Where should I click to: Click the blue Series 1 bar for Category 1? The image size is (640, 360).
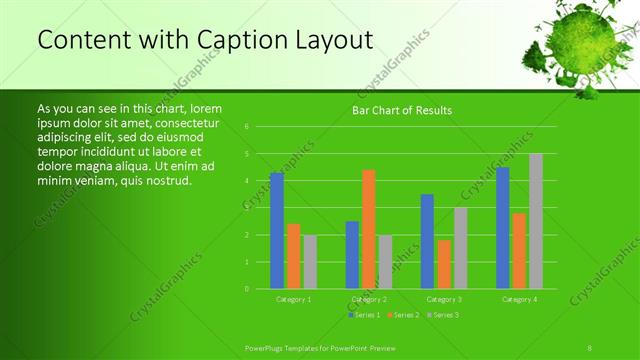coord(277,231)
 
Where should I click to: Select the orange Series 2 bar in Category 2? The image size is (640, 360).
coord(369,229)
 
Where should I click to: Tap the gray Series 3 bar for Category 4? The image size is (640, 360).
coord(535,221)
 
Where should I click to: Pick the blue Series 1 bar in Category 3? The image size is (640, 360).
coord(427,241)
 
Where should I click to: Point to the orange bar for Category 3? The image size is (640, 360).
coord(444,264)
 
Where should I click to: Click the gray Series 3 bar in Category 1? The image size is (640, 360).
coord(310,262)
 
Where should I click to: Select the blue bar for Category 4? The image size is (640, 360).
coord(502,228)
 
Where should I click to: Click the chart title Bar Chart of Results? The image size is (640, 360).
coord(402,110)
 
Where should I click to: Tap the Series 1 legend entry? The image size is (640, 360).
coord(364,315)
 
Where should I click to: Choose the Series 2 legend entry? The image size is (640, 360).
coord(402,315)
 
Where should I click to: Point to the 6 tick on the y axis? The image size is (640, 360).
coord(247,127)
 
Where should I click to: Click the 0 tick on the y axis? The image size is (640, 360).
coord(247,289)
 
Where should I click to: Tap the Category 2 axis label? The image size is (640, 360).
coord(369,299)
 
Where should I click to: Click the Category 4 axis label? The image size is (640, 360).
coord(519,299)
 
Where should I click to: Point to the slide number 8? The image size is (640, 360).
coord(590,347)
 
